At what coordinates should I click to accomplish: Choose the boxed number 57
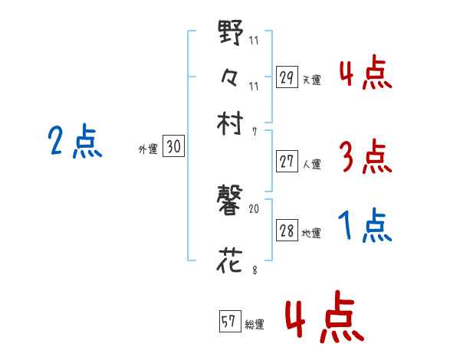tap(228, 322)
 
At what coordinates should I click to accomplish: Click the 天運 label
tap(312, 79)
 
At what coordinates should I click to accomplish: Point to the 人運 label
tap(312, 164)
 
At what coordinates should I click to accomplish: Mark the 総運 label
tap(254, 325)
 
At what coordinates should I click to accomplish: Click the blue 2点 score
tap(74, 142)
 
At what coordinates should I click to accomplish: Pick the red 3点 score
tap(364, 157)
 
